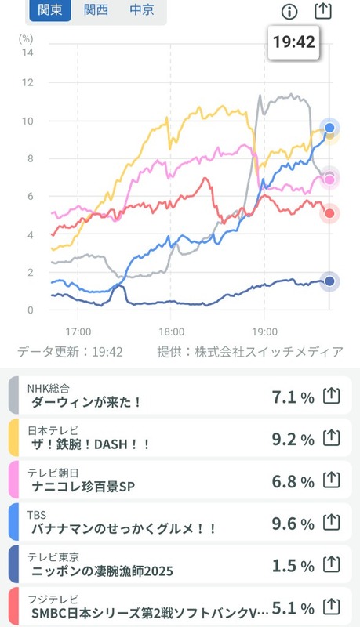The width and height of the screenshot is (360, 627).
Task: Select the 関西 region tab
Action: (x=96, y=11)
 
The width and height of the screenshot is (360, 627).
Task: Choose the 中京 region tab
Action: (x=141, y=11)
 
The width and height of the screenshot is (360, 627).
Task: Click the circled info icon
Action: (x=289, y=11)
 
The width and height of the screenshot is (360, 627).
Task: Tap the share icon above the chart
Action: (x=322, y=11)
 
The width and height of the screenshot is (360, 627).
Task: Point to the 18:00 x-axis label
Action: (x=171, y=331)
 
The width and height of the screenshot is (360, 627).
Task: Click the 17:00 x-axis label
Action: (x=78, y=331)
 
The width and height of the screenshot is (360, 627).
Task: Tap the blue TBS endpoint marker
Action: (x=330, y=128)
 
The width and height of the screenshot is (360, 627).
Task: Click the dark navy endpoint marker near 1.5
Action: (x=330, y=281)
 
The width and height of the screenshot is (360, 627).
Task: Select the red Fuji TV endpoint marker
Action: (x=330, y=213)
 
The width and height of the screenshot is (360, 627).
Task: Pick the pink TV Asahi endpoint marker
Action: (x=330, y=180)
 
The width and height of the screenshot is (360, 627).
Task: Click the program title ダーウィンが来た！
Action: (x=86, y=402)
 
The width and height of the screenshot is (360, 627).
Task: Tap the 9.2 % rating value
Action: (x=293, y=440)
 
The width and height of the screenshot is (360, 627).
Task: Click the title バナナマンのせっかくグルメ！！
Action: (x=123, y=529)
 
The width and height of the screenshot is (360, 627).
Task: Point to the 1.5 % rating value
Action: (x=293, y=564)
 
